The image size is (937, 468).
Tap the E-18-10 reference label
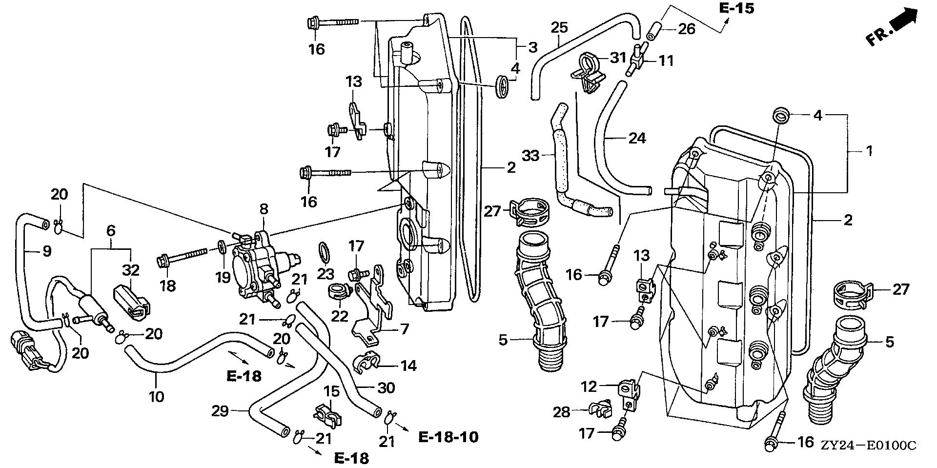coord(448,436)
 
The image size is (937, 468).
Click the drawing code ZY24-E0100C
coord(868,445)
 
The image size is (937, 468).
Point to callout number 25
coord(559,28)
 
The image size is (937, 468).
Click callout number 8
coord(264,209)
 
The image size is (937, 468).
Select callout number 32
coord(131,270)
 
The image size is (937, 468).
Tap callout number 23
coord(326,274)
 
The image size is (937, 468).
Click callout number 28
coord(561,412)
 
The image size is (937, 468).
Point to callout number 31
coord(618,58)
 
